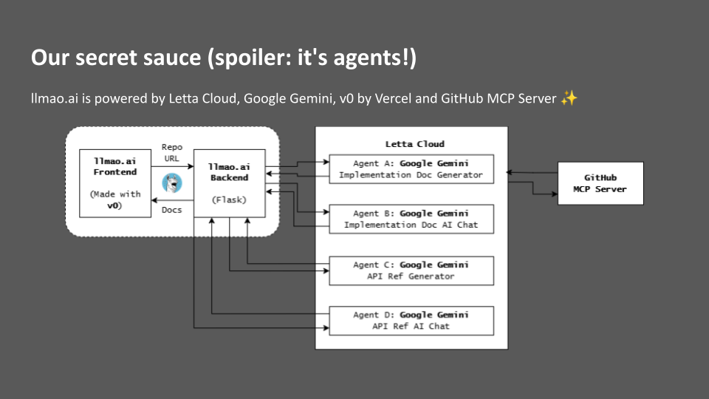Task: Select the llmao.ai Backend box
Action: pyautogui.click(x=229, y=183)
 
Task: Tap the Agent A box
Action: pyautogui.click(x=411, y=168)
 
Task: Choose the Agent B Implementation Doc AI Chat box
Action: pyautogui.click(x=411, y=219)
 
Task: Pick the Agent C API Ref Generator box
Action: pyautogui.click(x=411, y=270)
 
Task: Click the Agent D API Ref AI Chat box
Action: pyautogui.click(x=411, y=320)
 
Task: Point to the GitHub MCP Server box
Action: pyautogui.click(x=600, y=183)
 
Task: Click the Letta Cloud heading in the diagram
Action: pyautogui.click(x=414, y=143)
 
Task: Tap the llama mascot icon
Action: pyautogui.click(x=172, y=183)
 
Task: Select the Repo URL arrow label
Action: pyautogui.click(x=172, y=153)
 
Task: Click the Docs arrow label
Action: pyautogui.click(x=172, y=210)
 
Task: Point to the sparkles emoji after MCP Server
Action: pyautogui.click(x=568, y=98)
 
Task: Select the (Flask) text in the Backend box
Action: pyautogui.click(x=229, y=199)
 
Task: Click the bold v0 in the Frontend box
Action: pyautogui.click(x=113, y=205)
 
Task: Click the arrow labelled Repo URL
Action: pyautogui.click(x=172, y=167)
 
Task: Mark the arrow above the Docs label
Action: pyautogui.click(x=172, y=199)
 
